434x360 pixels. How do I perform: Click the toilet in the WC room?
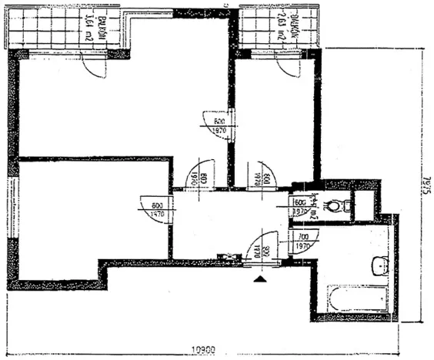point(336,205)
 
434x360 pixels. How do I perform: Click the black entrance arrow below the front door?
point(262,278)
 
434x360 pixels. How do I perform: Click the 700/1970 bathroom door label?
point(302,243)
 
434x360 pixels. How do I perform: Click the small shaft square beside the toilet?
point(364,203)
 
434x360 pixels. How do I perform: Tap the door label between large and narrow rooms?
point(219,126)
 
